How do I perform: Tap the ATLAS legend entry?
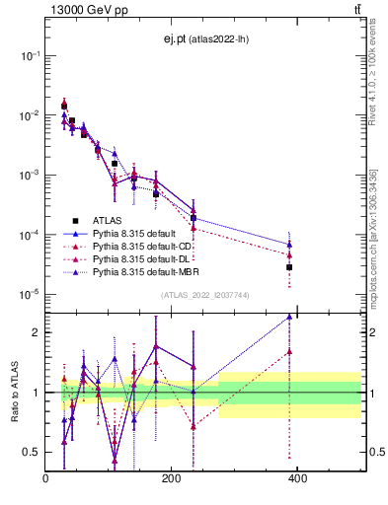[109, 221]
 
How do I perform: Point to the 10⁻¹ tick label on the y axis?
[30, 56]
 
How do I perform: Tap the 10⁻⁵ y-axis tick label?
[30, 294]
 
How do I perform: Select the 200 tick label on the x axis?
[171, 478]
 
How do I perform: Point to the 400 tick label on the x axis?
[297, 478]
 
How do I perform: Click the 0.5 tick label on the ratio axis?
[31, 452]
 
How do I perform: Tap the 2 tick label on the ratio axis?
[36, 332]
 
